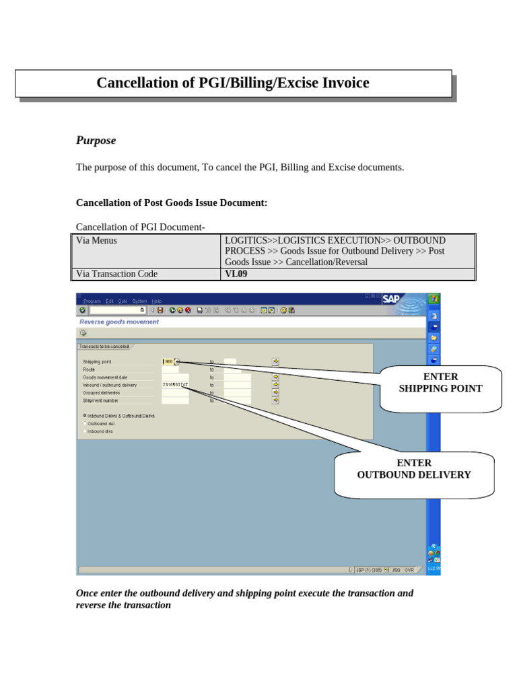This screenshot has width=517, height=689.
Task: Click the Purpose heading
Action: click(96, 140)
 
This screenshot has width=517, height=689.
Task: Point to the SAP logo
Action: click(391, 299)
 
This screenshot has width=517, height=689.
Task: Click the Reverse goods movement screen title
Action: click(119, 322)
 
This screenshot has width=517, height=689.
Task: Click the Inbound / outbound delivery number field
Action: click(174, 385)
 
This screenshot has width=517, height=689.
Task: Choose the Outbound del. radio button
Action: click(85, 424)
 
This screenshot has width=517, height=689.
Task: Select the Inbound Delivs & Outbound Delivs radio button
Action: click(85, 416)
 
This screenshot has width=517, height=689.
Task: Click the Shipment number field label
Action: click(100, 400)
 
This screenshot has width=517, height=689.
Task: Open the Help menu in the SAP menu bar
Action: click(156, 301)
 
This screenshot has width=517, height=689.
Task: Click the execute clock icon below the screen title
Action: click(83, 332)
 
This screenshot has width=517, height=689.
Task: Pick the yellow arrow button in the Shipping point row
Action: click(275, 361)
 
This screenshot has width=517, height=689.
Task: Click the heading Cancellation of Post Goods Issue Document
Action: click(172, 203)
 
